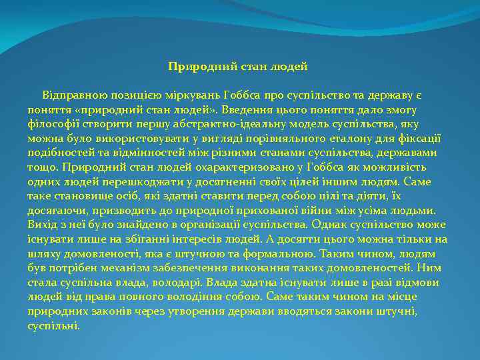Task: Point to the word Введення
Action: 249,110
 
